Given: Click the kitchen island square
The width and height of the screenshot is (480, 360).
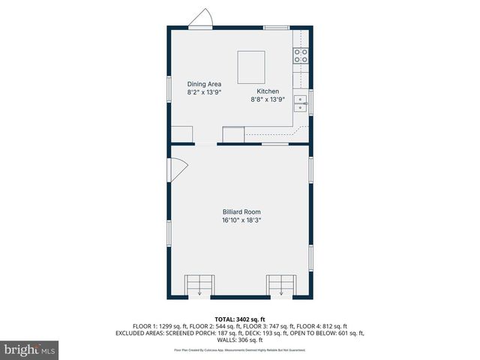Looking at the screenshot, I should pyautogui.click(x=251, y=67).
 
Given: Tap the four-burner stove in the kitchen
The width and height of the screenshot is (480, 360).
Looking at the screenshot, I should pyautogui.click(x=301, y=55).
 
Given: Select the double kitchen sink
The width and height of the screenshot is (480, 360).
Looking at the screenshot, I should pyautogui.click(x=301, y=103).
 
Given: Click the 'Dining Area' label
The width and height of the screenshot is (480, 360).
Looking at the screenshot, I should pyautogui.click(x=203, y=84).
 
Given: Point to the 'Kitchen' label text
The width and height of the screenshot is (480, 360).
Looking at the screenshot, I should pyautogui.click(x=268, y=91).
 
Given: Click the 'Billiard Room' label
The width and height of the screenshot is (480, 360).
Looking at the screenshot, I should pyautogui.click(x=241, y=212).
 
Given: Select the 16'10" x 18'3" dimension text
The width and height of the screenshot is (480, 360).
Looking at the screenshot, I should pyautogui.click(x=241, y=220).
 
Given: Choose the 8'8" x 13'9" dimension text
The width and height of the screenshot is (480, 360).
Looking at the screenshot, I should pyautogui.click(x=268, y=99).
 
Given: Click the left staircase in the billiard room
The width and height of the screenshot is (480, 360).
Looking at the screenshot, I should pyautogui.click(x=199, y=285).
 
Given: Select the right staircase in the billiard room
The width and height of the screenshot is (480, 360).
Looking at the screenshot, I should pyautogui.click(x=281, y=285).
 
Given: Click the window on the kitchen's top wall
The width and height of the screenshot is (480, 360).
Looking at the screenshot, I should pyautogui.click(x=275, y=28).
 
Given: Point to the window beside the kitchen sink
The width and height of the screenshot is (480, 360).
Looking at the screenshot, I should pyautogui.click(x=311, y=103).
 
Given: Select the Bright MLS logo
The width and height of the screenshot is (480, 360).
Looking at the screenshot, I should pyautogui.click(x=30, y=349).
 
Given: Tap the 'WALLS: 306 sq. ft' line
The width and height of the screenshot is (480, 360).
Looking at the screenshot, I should pyautogui.click(x=240, y=339).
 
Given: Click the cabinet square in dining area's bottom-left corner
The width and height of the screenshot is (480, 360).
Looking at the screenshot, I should pyautogui.click(x=182, y=134).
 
